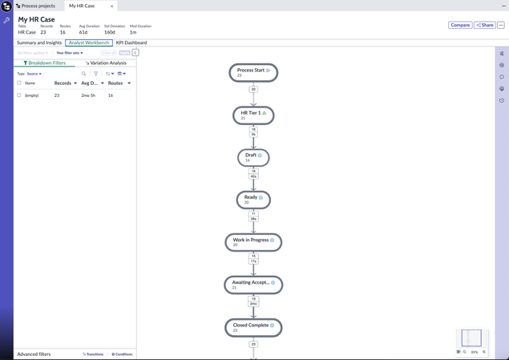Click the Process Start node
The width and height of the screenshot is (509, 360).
pyautogui.click(x=253, y=73)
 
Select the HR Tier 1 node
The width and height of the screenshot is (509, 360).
pyautogui.click(x=253, y=115)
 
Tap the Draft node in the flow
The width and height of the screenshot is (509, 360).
pyautogui.click(x=253, y=157)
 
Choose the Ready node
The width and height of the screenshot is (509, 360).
pyautogui.click(x=253, y=199)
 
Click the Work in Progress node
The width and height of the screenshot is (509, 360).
pyautogui.click(x=253, y=241)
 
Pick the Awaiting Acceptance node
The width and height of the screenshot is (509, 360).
pyautogui.click(x=253, y=284)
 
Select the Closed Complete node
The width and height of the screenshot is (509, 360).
pyautogui.click(x=253, y=327)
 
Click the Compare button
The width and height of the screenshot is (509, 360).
pyautogui.click(x=460, y=25)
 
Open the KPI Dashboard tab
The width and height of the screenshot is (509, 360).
pyautogui.click(x=131, y=42)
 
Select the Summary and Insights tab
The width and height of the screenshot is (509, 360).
pyautogui.click(x=39, y=42)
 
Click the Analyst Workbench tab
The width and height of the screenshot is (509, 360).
pyautogui.click(x=89, y=42)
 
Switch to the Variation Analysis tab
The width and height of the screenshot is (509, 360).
pyautogui.click(x=107, y=63)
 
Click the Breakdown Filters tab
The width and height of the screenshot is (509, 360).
pyautogui.click(x=45, y=63)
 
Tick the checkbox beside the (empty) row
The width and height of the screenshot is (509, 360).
pyautogui.click(x=19, y=95)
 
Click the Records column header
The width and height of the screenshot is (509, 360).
pyautogui.click(x=63, y=83)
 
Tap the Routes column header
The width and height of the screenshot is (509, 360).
pyautogui.click(x=115, y=83)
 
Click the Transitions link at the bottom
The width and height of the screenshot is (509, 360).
pyautogui.click(x=94, y=354)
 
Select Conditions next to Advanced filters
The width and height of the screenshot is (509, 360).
pyautogui.click(x=123, y=354)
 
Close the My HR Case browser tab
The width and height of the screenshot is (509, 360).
pyautogui.click(x=111, y=6)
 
